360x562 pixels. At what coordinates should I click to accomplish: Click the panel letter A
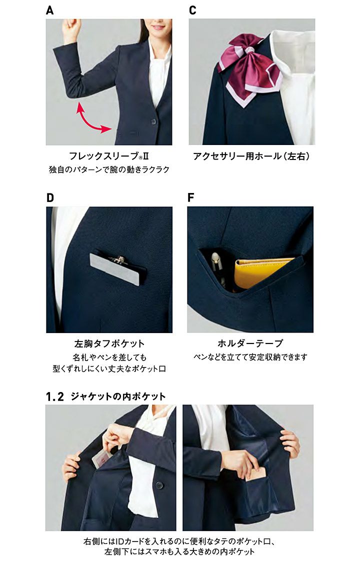point(50,10)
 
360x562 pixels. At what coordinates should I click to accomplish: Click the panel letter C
point(192,10)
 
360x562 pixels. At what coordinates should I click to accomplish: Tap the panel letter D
point(50,198)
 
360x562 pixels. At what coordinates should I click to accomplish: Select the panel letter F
point(191,197)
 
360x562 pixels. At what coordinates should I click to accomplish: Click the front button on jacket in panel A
point(153,121)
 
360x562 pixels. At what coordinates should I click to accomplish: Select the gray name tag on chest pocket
point(114,269)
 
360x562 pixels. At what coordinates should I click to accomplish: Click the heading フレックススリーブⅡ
point(108,156)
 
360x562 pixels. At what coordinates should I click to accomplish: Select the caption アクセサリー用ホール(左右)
point(251,156)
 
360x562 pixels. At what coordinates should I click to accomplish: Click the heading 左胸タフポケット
point(109,343)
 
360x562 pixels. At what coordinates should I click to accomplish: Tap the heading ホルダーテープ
point(250,343)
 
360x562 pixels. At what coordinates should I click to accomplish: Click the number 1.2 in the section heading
point(55,397)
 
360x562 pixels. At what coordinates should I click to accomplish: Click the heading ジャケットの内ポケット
point(118,396)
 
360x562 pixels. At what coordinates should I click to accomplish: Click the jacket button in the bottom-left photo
point(159,485)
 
